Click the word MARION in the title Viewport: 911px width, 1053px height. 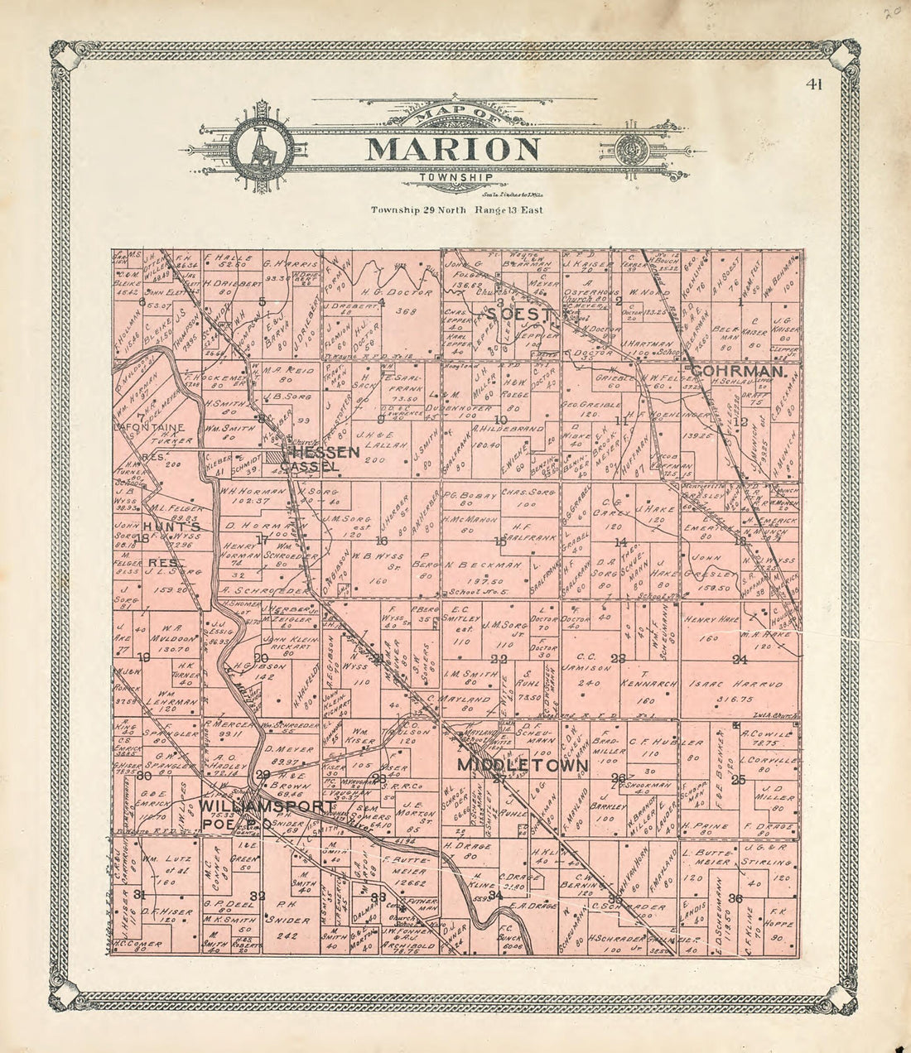tap(452, 149)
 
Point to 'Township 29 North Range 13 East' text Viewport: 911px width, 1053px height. tap(456, 209)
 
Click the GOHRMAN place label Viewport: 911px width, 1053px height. tap(739, 373)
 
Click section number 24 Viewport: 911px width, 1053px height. tap(740, 660)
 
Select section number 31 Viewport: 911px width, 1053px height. tap(139, 893)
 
